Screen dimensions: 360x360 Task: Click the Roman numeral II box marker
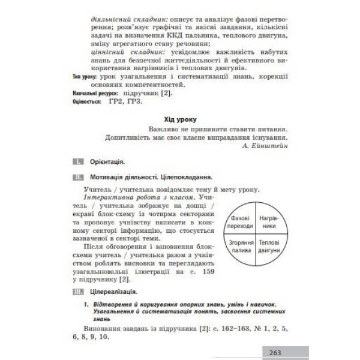tap(77, 178)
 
